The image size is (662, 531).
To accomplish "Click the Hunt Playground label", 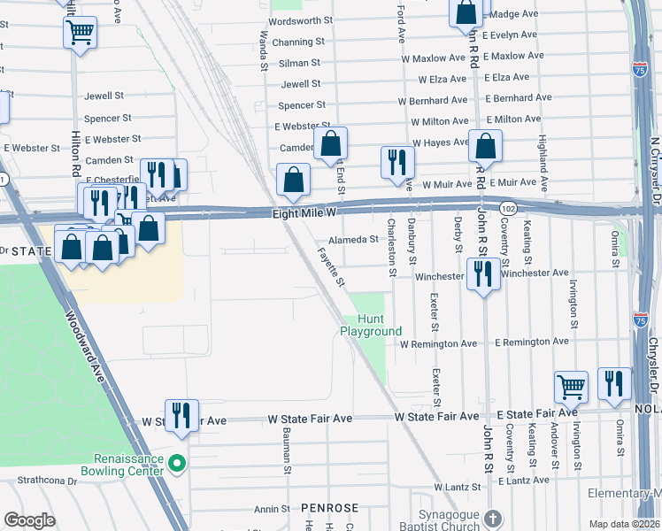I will click(371, 325).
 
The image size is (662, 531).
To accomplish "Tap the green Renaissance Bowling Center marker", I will click(177, 463).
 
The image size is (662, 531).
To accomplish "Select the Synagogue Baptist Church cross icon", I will click(494, 518).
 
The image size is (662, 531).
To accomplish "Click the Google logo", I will click(29, 520).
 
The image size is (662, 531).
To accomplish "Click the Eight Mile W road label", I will click(304, 213).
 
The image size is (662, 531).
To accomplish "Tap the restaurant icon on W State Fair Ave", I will click(181, 413).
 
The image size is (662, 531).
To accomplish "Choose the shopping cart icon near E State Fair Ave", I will click(571, 387).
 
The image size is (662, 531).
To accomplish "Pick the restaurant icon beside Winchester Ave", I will click(482, 273).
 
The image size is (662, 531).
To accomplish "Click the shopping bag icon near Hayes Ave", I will click(485, 146).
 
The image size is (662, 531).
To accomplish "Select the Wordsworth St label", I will click(300, 20).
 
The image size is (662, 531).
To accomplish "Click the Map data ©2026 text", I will click(624, 524).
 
